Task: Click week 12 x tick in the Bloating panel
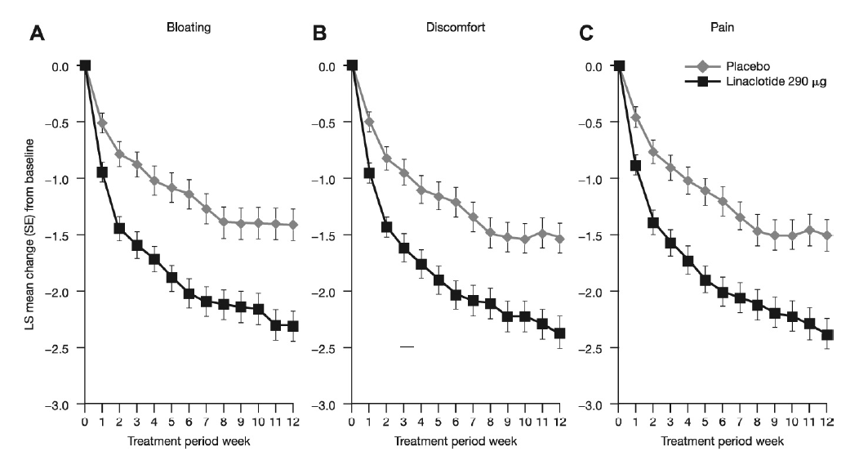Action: tap(292, 421)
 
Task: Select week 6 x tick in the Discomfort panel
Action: tap(456, 421)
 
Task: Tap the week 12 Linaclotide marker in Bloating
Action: tap(292, 326)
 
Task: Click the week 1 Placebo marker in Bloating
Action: tap(102, 123)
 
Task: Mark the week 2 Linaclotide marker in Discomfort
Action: tap(386, 226)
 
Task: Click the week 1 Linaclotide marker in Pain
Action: tap(636, 166)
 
